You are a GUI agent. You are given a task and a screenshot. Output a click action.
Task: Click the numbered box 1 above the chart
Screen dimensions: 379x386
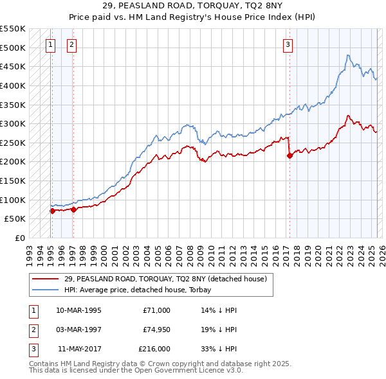51,44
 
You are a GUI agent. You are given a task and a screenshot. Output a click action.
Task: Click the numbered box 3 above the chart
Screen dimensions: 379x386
288,44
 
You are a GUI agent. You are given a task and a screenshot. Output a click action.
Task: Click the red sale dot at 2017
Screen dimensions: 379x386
289,155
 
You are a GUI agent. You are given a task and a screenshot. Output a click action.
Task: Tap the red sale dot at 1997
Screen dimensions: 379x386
73,209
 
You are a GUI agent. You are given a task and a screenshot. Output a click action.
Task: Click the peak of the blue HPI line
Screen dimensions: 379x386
348,55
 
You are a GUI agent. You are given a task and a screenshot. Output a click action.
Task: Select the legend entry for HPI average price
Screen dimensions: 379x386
142,290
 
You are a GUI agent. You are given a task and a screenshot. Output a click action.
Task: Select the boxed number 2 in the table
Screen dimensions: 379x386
33,330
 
